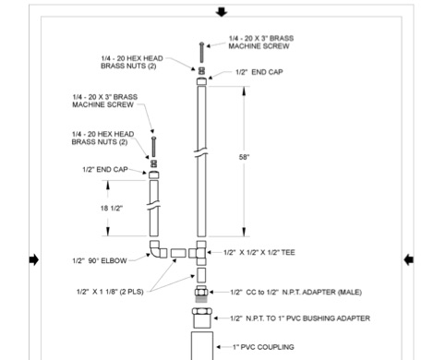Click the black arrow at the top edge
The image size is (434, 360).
(220, 11)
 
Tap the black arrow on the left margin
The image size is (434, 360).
(34, 260)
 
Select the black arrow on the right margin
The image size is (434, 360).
(408, 260)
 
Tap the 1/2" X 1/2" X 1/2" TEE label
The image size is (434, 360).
(269, 251)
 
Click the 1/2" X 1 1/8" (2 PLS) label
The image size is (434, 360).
(121, 291)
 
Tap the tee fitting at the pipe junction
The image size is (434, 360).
(200, 251)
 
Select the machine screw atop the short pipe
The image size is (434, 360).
(153, 146)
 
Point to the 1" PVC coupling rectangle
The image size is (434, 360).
(200, 346)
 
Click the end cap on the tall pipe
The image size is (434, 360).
(201, 80)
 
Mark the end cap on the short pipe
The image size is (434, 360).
(153, 174)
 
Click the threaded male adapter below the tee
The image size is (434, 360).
(200, 293)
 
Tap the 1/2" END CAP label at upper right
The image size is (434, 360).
(253, 72)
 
